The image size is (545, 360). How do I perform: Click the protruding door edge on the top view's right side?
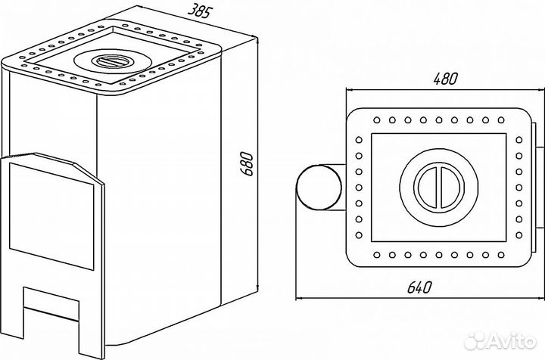click(536, 185)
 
